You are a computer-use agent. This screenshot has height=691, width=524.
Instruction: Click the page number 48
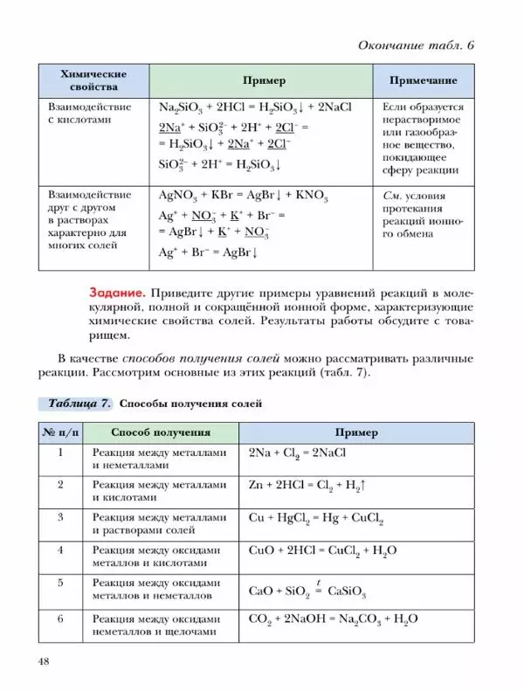(45, 660)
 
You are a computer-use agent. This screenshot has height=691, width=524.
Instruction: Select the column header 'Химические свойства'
(93, 80)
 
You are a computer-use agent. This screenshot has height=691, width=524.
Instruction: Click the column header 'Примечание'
(422, 80)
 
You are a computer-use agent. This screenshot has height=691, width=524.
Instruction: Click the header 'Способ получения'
(160, 432)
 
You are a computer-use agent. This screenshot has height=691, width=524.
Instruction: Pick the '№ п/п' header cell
(60, 432)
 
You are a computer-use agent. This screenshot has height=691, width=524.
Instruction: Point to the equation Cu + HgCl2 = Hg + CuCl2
(316, 519)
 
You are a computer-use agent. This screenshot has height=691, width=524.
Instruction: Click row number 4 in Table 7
(60, 550)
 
